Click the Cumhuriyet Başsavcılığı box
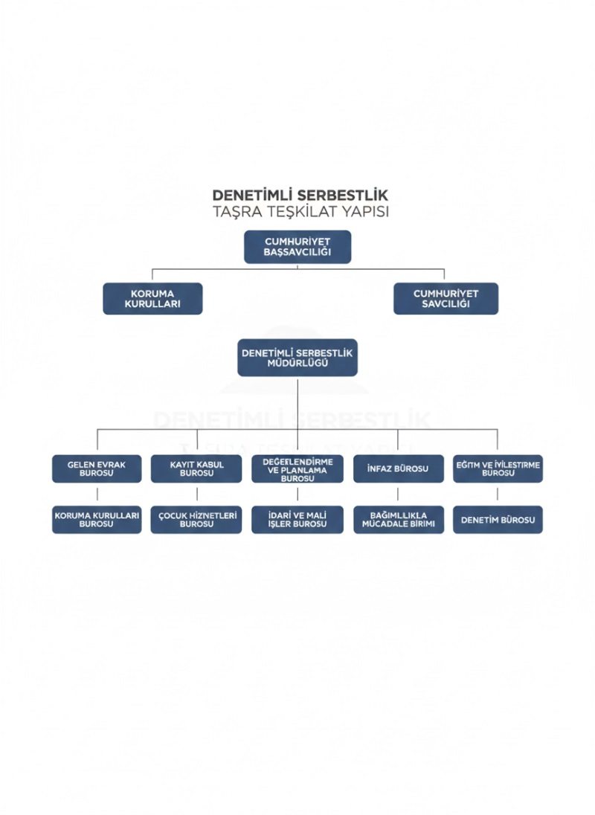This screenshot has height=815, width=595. pyautogui.click(x=297, y=247)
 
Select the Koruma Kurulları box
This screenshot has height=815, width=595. pyautogui.click(x=152, y=298)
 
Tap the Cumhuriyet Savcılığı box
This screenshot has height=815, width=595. pyautogui.click(x=446, y=298)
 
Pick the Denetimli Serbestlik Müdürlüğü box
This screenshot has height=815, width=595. pyautogui.click(x=297, y=358)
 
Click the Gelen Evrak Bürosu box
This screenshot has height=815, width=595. pyautogui.click(x=97, y=469)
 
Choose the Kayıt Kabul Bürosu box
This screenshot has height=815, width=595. pyautogui.click(x=197, y=469)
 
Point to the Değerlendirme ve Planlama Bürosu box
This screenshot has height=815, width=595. pyautogui.click(x=297, y=469)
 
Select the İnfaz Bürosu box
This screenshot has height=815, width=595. pyautogui.click(x=398, y=469)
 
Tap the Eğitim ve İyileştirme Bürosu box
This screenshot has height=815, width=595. pyautogui.click(x=498, y=469)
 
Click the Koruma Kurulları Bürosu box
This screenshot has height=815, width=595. pyautogui.click(x=97, y=520)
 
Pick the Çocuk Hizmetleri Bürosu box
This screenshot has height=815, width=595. pyautogui.click(x=197, y=520)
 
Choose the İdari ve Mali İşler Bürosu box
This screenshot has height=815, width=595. pyautogui.click(x=297, y=520)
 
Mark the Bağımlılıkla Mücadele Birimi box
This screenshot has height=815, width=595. pyautogui.click(x=398, y=520)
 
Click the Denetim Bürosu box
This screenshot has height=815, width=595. pyautogui.click(x=498, y=520)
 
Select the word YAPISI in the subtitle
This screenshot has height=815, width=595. pyautogui.click(x=361, y=212)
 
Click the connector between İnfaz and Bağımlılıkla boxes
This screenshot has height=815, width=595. pyautogui.click(x=398, y=495)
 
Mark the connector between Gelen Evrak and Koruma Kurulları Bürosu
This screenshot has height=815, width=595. pyautogui.click(x=97, y=495)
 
